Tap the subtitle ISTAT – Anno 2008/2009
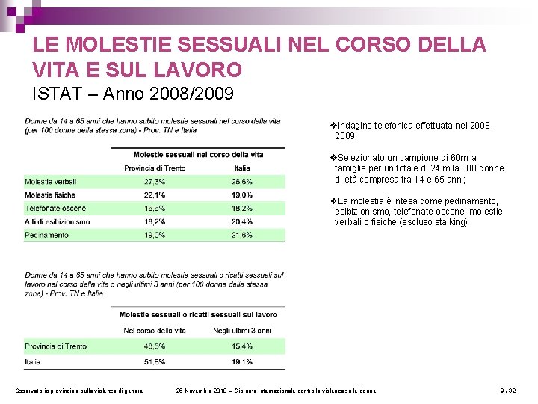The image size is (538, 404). (133, 94)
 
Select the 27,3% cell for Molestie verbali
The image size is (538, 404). (155, 181)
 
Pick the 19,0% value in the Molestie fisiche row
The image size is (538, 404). (242, 195)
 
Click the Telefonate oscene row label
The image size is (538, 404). (55, 208)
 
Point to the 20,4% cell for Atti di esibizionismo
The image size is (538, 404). (242, 221)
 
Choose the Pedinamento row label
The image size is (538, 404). (46, 235)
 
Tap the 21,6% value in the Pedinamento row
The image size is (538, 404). (242, 235)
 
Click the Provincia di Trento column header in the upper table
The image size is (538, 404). (154, 168)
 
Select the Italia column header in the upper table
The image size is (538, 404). (242, 168)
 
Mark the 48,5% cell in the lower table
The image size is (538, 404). (155, 346)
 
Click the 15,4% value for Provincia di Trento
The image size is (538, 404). (242, 346)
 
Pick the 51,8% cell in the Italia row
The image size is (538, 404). (155, 361)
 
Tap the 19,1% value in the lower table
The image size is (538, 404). (242, 361)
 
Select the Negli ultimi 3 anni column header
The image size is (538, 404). (242, 330)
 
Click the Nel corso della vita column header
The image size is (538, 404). (155, 330)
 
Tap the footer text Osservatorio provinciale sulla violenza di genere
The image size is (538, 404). (79, 391)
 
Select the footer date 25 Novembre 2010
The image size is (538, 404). (202, 391)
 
